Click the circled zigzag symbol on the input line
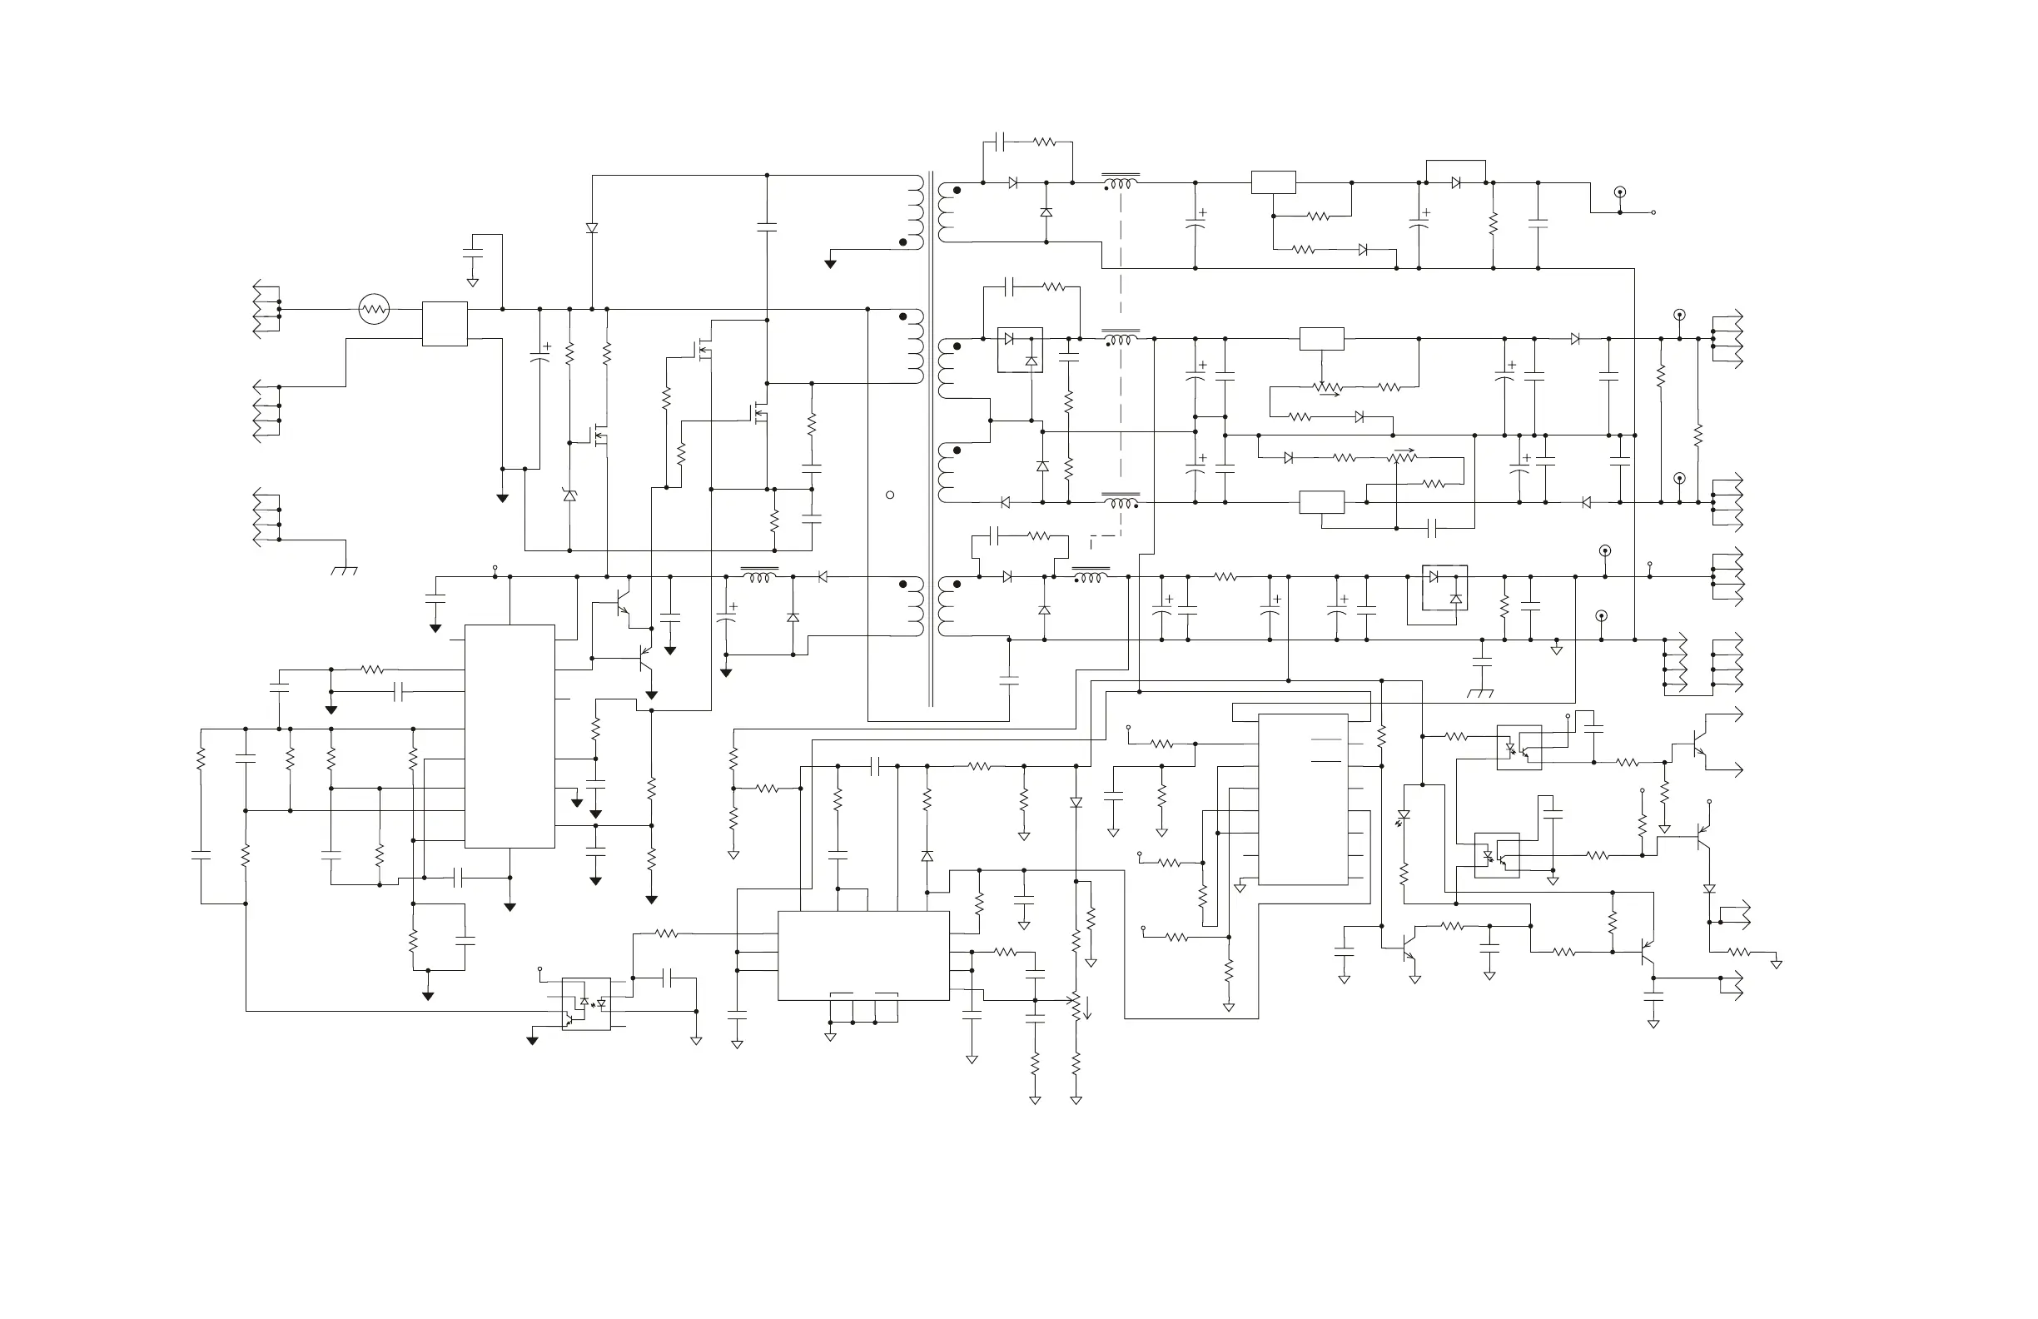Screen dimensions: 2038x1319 [x=373, y=309]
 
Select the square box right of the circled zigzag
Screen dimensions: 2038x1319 [x=445, y=324]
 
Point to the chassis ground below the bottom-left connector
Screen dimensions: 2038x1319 [x=344, y=569]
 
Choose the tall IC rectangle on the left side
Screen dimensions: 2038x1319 [x=509, y=737]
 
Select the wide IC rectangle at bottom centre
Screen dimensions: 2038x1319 [x=863, y=955]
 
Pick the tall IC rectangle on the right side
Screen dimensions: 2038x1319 [x=1302, y=799]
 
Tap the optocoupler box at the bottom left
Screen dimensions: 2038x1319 [x=587, y=1003]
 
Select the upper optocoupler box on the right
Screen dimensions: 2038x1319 [x=1519, y=748]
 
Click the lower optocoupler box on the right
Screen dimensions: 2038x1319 [x=1497, y=855]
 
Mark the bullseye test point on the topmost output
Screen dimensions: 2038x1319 [x=1619, y=192]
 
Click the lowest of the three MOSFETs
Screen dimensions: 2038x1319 [x=600, y=438]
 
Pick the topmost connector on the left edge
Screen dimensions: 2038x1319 [x=266, y=309]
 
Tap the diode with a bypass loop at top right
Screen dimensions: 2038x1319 [x=1456, y=182]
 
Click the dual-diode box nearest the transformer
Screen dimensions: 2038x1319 [x=1020, y=350]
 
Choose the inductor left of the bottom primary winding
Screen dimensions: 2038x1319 [x=758, y=577]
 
